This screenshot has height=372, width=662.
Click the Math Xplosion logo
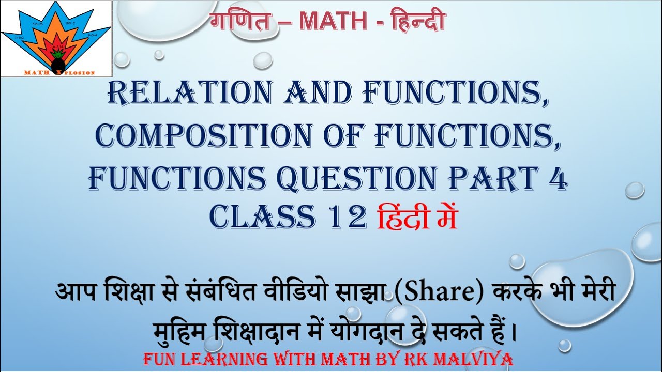click(56, 39)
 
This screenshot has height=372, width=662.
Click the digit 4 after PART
click(558, 178)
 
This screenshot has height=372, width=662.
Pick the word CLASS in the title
click(262, 216)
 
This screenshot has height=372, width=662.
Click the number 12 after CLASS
click(347, 217)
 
